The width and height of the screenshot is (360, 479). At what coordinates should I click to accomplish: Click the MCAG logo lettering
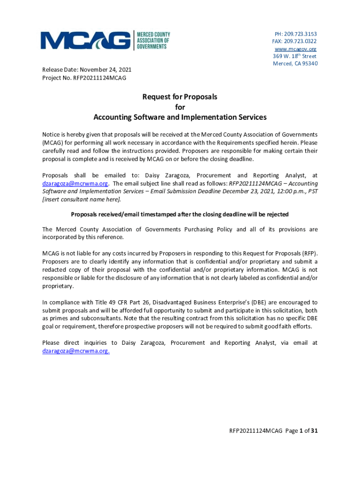click(86, 41)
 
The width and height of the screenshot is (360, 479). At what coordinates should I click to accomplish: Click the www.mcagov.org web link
click(295, 49)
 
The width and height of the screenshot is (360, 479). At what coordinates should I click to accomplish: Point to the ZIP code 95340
click(309, 64)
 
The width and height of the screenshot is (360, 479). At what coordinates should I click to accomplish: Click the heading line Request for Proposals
click(180, 97)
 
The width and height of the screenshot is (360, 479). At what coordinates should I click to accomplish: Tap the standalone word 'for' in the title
click(180, 107)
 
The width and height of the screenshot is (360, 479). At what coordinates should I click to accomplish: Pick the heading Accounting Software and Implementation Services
click(180, 117)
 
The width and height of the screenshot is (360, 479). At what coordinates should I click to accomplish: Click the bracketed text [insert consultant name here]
click(81, 199)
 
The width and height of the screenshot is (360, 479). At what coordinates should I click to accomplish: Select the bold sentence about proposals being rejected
click(180, 214)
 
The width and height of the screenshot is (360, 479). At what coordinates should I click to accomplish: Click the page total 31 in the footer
click(315, 431)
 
